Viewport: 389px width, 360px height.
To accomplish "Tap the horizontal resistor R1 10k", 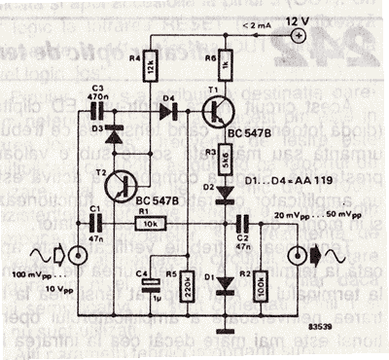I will coord(148,223).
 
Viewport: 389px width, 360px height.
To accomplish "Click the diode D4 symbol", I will coord(167,106).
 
